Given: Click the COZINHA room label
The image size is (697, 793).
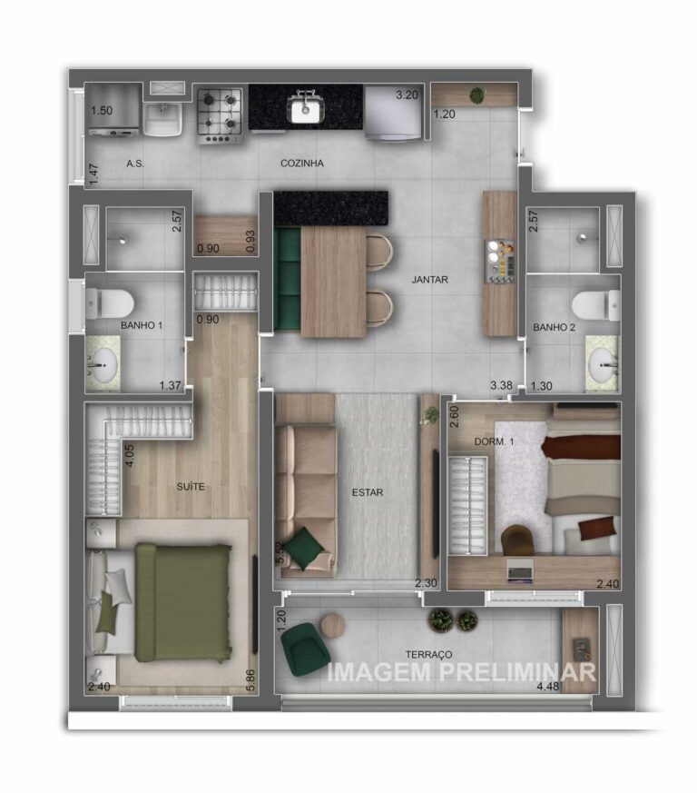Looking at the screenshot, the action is tap(301, 164).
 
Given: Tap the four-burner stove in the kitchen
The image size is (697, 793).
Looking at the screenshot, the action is tap(220, 115).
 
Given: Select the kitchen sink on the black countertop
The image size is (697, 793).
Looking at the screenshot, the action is tap(305, 108).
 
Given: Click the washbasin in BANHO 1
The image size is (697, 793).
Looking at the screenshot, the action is tap(103, 365).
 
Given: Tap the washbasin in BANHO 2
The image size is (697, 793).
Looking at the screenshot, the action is tap(604, 365).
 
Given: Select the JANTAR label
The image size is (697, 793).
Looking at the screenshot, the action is tap(429, 280).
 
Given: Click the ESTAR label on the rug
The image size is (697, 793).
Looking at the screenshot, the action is tap(368, 492).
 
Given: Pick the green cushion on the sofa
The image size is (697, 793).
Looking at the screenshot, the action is tap(304, 549).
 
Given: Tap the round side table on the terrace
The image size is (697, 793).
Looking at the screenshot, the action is tap(333, 626).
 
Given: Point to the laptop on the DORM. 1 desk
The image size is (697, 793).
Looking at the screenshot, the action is tap(520, 572).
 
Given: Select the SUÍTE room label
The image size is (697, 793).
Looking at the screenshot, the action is tap(191, 487).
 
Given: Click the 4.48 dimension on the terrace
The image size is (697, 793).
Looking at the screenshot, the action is tap(548, 687).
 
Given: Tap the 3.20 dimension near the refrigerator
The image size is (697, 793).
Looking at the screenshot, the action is tap(407, 95).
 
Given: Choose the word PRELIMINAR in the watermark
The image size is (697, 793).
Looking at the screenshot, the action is tap(517, 672).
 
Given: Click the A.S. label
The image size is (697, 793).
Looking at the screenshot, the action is tap(135, 164).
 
